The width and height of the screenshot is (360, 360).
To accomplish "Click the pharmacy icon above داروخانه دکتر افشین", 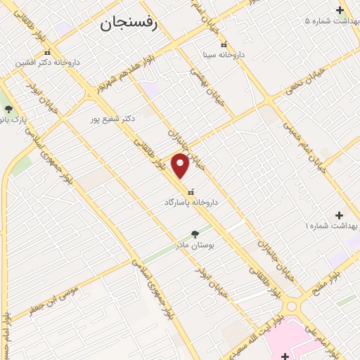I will tap(47, 53).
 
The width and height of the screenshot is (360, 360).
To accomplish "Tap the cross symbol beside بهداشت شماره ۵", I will tap(340, 10).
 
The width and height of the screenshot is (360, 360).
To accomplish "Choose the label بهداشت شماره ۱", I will tap(330, 226).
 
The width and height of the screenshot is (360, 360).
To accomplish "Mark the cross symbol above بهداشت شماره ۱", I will tap(340, 215).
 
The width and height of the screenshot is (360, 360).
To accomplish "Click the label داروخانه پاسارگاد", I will tap(191, 202).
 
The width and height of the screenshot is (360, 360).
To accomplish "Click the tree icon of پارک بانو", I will tap(8, 109).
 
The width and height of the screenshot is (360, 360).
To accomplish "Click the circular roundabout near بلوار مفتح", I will tap(293, 304).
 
